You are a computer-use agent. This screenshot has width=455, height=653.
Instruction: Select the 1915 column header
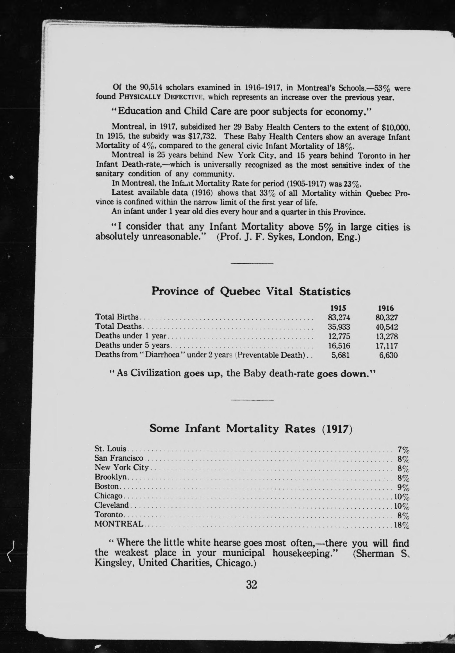(x=338, y=308)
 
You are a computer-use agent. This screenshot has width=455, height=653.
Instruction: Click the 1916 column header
(x=386, y=308)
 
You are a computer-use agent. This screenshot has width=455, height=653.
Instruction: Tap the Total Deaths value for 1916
(x=386, y=327)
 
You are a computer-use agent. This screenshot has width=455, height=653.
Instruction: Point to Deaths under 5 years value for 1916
(x=386, y=346)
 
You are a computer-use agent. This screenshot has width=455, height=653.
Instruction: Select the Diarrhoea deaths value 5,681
(x=340, y=355)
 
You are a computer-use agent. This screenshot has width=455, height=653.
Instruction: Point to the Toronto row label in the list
(x=109, y=515)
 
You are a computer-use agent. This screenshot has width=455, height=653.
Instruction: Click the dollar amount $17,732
(x=203, y=137)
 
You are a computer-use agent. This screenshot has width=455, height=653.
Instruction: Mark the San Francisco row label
(x=119, y=458)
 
